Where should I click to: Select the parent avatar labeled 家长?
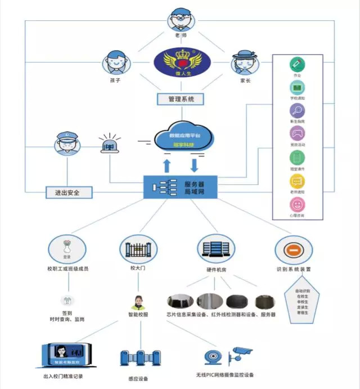click(x=246, y=61)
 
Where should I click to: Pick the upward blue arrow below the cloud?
click(x=167, y=165)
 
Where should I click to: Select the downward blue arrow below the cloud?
click(x=194, y=165)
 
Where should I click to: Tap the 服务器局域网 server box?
click(x=180, y=187)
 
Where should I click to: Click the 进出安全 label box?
click(x=69, y=193)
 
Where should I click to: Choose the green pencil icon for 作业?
click(x=297, y=64)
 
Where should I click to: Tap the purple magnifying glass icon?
click(x=297, y=110)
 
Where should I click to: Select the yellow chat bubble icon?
click(x=297, y=181)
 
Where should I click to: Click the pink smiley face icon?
click(x=297, y=204)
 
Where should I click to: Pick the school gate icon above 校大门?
click(x=135, y=248)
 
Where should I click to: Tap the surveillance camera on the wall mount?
click(x=242, y=353)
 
